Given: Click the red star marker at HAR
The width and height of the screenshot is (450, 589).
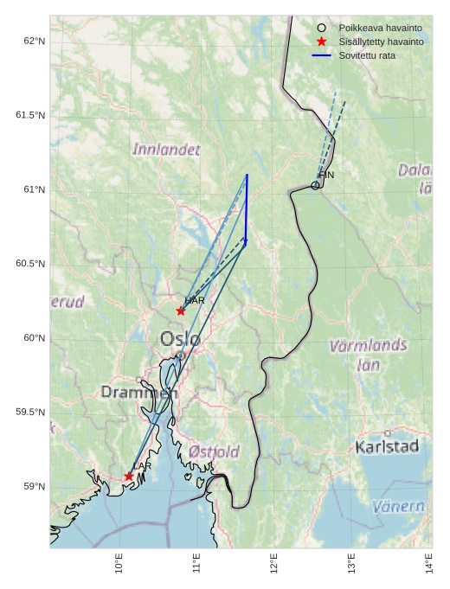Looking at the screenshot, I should pos(181,311).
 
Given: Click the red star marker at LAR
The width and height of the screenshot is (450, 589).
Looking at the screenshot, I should pos(129,476).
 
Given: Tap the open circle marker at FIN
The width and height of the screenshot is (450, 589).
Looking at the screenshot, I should pos(315,185).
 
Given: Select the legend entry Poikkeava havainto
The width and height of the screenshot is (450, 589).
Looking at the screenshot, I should pos(380,28).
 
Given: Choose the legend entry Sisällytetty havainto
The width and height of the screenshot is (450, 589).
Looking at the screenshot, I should pos(381,42).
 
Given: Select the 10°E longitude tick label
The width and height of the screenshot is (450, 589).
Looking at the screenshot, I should pos(119,564).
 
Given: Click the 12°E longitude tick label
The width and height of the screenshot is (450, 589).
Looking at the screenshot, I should pos(274,564).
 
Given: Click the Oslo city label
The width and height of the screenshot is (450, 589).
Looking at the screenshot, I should pos(180,338).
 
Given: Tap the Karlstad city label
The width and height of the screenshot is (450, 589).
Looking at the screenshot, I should pos(387,446).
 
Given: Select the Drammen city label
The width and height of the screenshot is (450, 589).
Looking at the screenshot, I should pos(138,392).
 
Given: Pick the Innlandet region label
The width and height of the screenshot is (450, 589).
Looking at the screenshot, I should pos(166,150).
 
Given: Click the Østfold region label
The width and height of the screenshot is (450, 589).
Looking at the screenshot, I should pos(214,451).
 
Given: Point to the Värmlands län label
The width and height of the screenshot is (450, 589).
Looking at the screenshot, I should pos(368,355).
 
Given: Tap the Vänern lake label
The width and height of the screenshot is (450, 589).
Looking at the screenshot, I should pos(398,506).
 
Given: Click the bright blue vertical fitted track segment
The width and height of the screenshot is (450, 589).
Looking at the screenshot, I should pos(247,208).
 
